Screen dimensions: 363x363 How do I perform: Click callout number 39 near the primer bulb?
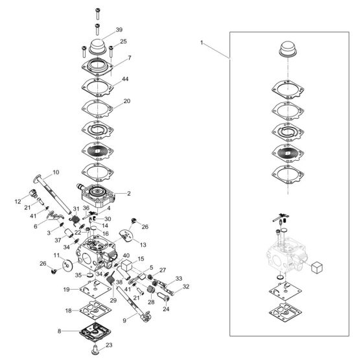pos(119,30)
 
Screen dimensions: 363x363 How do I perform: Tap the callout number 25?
pos(123,41)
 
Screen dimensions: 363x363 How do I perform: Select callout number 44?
pos(125,79)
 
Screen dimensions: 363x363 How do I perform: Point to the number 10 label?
pos(56,172)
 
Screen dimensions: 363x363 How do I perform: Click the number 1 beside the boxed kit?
pos(202,43)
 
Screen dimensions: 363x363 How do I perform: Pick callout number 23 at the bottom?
pos(109,345)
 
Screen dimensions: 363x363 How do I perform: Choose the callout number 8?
pos(59,331)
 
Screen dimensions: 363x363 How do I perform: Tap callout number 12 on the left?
pos(18,202)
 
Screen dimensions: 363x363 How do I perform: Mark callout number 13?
pos(143,245)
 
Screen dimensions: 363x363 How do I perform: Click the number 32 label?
pos(186,287)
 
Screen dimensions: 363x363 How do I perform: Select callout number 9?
pos(124,321)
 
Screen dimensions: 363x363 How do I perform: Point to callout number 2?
pos(129,193)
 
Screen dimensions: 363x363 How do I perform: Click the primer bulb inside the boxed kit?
pos(288,49)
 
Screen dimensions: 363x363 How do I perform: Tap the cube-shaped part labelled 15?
pos(126,265)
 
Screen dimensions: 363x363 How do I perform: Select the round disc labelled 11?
pos(68,265)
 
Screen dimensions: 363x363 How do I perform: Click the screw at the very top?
pos(97,14)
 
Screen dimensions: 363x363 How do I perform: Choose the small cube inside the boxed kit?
pos(317,267)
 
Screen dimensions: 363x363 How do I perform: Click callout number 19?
pos(66,289)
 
